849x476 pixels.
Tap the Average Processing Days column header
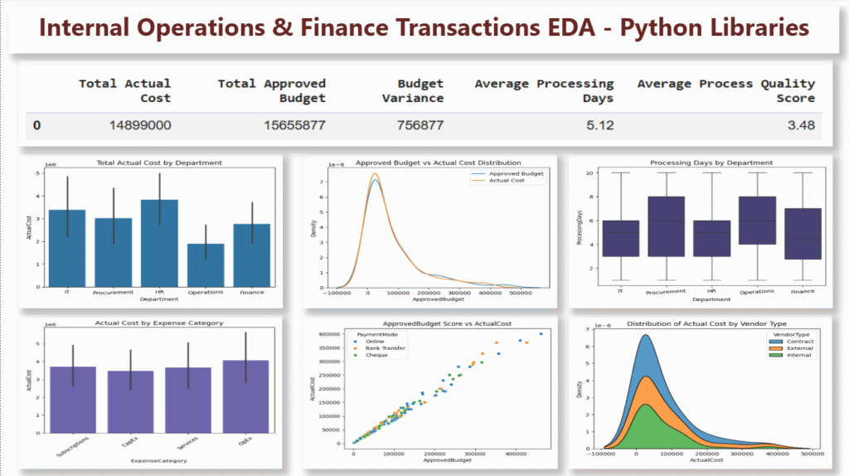[544, 90]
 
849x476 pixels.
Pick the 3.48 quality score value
[800, 126]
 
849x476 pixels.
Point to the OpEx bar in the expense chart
[245, 396]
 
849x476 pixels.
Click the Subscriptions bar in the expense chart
[73, 399]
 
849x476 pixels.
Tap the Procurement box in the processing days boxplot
[656, 237]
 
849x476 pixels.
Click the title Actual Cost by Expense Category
[158, 323]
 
